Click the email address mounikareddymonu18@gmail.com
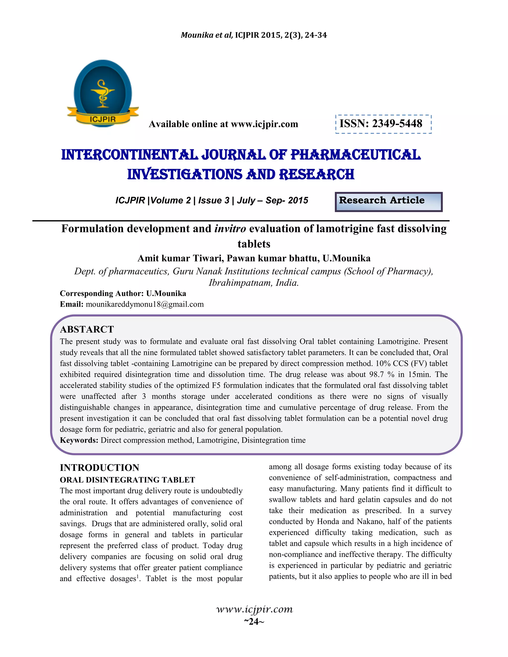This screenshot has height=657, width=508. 145,304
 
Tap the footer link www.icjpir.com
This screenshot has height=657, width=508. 254,609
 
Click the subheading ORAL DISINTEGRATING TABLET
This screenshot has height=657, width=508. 127,479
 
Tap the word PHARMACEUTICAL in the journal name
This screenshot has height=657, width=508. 355,155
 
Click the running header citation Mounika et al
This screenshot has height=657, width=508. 206,35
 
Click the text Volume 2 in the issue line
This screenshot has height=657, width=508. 171,200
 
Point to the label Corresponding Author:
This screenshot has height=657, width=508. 102,293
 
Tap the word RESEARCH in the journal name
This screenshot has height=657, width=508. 316,175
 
